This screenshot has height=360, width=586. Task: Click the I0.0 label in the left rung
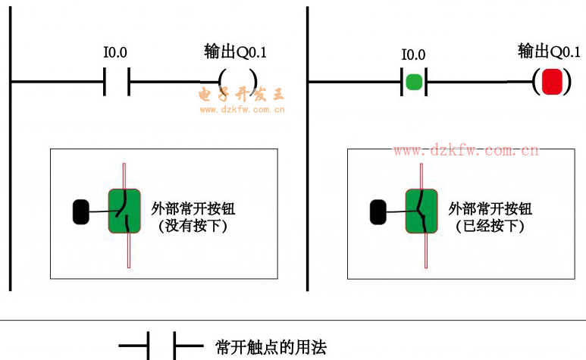115,53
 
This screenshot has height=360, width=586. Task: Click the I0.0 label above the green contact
413,55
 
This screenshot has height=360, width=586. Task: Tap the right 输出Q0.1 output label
549,52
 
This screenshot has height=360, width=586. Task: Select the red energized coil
551,81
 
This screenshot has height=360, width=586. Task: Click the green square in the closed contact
413,81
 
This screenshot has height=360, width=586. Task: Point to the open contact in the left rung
117,81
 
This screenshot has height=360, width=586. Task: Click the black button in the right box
377,211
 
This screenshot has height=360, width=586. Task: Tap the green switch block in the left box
124,211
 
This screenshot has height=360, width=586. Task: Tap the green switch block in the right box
421,211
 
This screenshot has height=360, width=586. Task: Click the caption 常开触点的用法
271,348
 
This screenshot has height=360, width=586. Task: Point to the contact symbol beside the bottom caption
161,348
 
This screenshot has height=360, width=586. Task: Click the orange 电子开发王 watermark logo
241,95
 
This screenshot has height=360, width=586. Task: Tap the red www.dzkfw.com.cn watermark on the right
465,150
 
